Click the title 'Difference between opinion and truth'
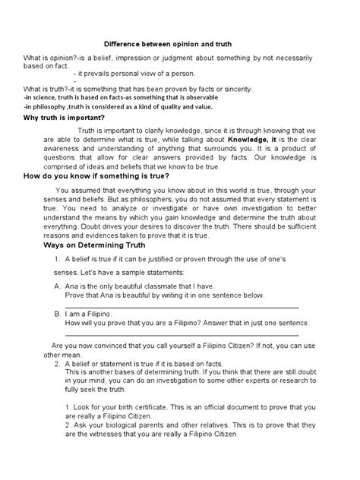coord(179,44)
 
